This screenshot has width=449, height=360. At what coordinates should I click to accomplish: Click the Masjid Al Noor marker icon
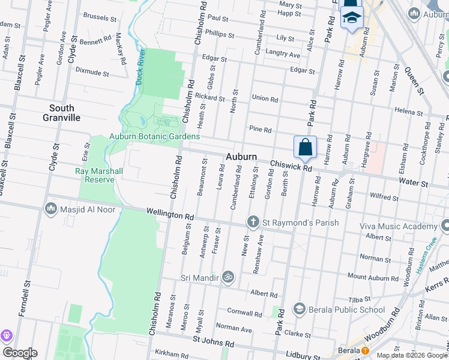(x=51, y=209)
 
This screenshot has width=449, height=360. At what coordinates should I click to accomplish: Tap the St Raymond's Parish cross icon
(x=253, y=223)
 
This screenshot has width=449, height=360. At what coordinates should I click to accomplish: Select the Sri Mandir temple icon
(x=227, y=277)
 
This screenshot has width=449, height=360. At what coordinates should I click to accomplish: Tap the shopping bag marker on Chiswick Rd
(x=305, y=146)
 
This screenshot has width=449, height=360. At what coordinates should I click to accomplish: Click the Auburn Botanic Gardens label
(x=154, y=136)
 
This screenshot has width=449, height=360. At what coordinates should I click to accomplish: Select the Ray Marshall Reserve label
(x=98, y=175)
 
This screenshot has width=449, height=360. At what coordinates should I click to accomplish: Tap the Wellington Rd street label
(x=171, y=214)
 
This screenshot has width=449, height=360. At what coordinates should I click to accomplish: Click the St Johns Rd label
(x=214, y=343)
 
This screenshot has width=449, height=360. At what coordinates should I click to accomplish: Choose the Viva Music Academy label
(x=398, y=226)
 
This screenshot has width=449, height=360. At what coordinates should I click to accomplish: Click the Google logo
(x=20, y=353)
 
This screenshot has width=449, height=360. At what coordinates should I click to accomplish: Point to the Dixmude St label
(x=92, y=72)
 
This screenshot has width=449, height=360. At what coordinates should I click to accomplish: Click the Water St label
(x=415, y=182)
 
